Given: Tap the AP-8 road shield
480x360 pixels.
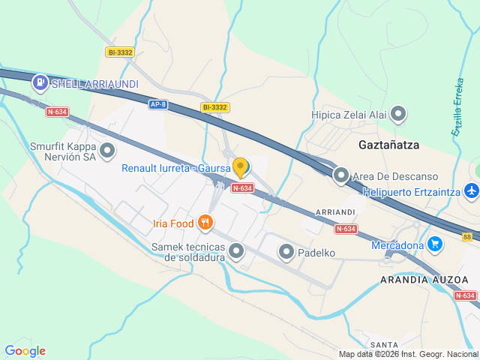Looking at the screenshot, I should (x=157, y=104).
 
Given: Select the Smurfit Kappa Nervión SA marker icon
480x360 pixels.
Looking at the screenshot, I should (x=108, y=151).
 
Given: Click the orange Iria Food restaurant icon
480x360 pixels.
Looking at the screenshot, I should (x=205, y=223).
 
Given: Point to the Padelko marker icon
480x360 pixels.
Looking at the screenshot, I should (x=286, y=253).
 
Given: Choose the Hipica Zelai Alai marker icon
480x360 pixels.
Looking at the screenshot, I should (x=399, y=115).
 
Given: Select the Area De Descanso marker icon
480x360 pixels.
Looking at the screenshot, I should (x=341, y=175).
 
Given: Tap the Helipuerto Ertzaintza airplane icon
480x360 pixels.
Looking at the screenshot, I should (x=471, y=191).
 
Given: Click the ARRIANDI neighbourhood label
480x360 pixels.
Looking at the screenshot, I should (x=334, y=212).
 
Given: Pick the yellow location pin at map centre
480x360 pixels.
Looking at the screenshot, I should (x=240, y=166).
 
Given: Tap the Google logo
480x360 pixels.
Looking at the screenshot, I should (x=25, y=351).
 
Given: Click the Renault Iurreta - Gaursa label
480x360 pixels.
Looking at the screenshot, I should (x=175, y=168).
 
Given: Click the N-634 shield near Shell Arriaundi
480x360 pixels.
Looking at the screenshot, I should (x=57, y=112).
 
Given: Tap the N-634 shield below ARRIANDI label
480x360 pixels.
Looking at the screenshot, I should (x=346, y=229).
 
